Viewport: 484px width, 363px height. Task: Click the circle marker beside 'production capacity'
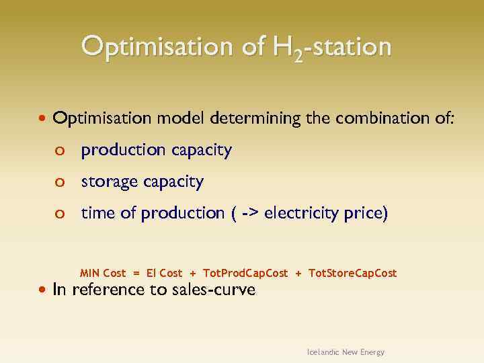pyautogui.click(x=60, y=151)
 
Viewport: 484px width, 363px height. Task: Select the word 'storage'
pyautogui.click(x=106, y=182)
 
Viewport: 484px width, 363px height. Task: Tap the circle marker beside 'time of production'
pyautogui.click(x=60, y=214)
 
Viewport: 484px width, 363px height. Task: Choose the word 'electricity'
pyautogui.click(x=302, y=214)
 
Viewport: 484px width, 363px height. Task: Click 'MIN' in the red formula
pyautogui.click(x=90, y=273)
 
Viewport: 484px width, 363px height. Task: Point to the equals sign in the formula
pyautogui.click(x=136, y=273)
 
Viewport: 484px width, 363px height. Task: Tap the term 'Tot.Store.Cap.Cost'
pyautogui.click(x=352, y=273)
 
